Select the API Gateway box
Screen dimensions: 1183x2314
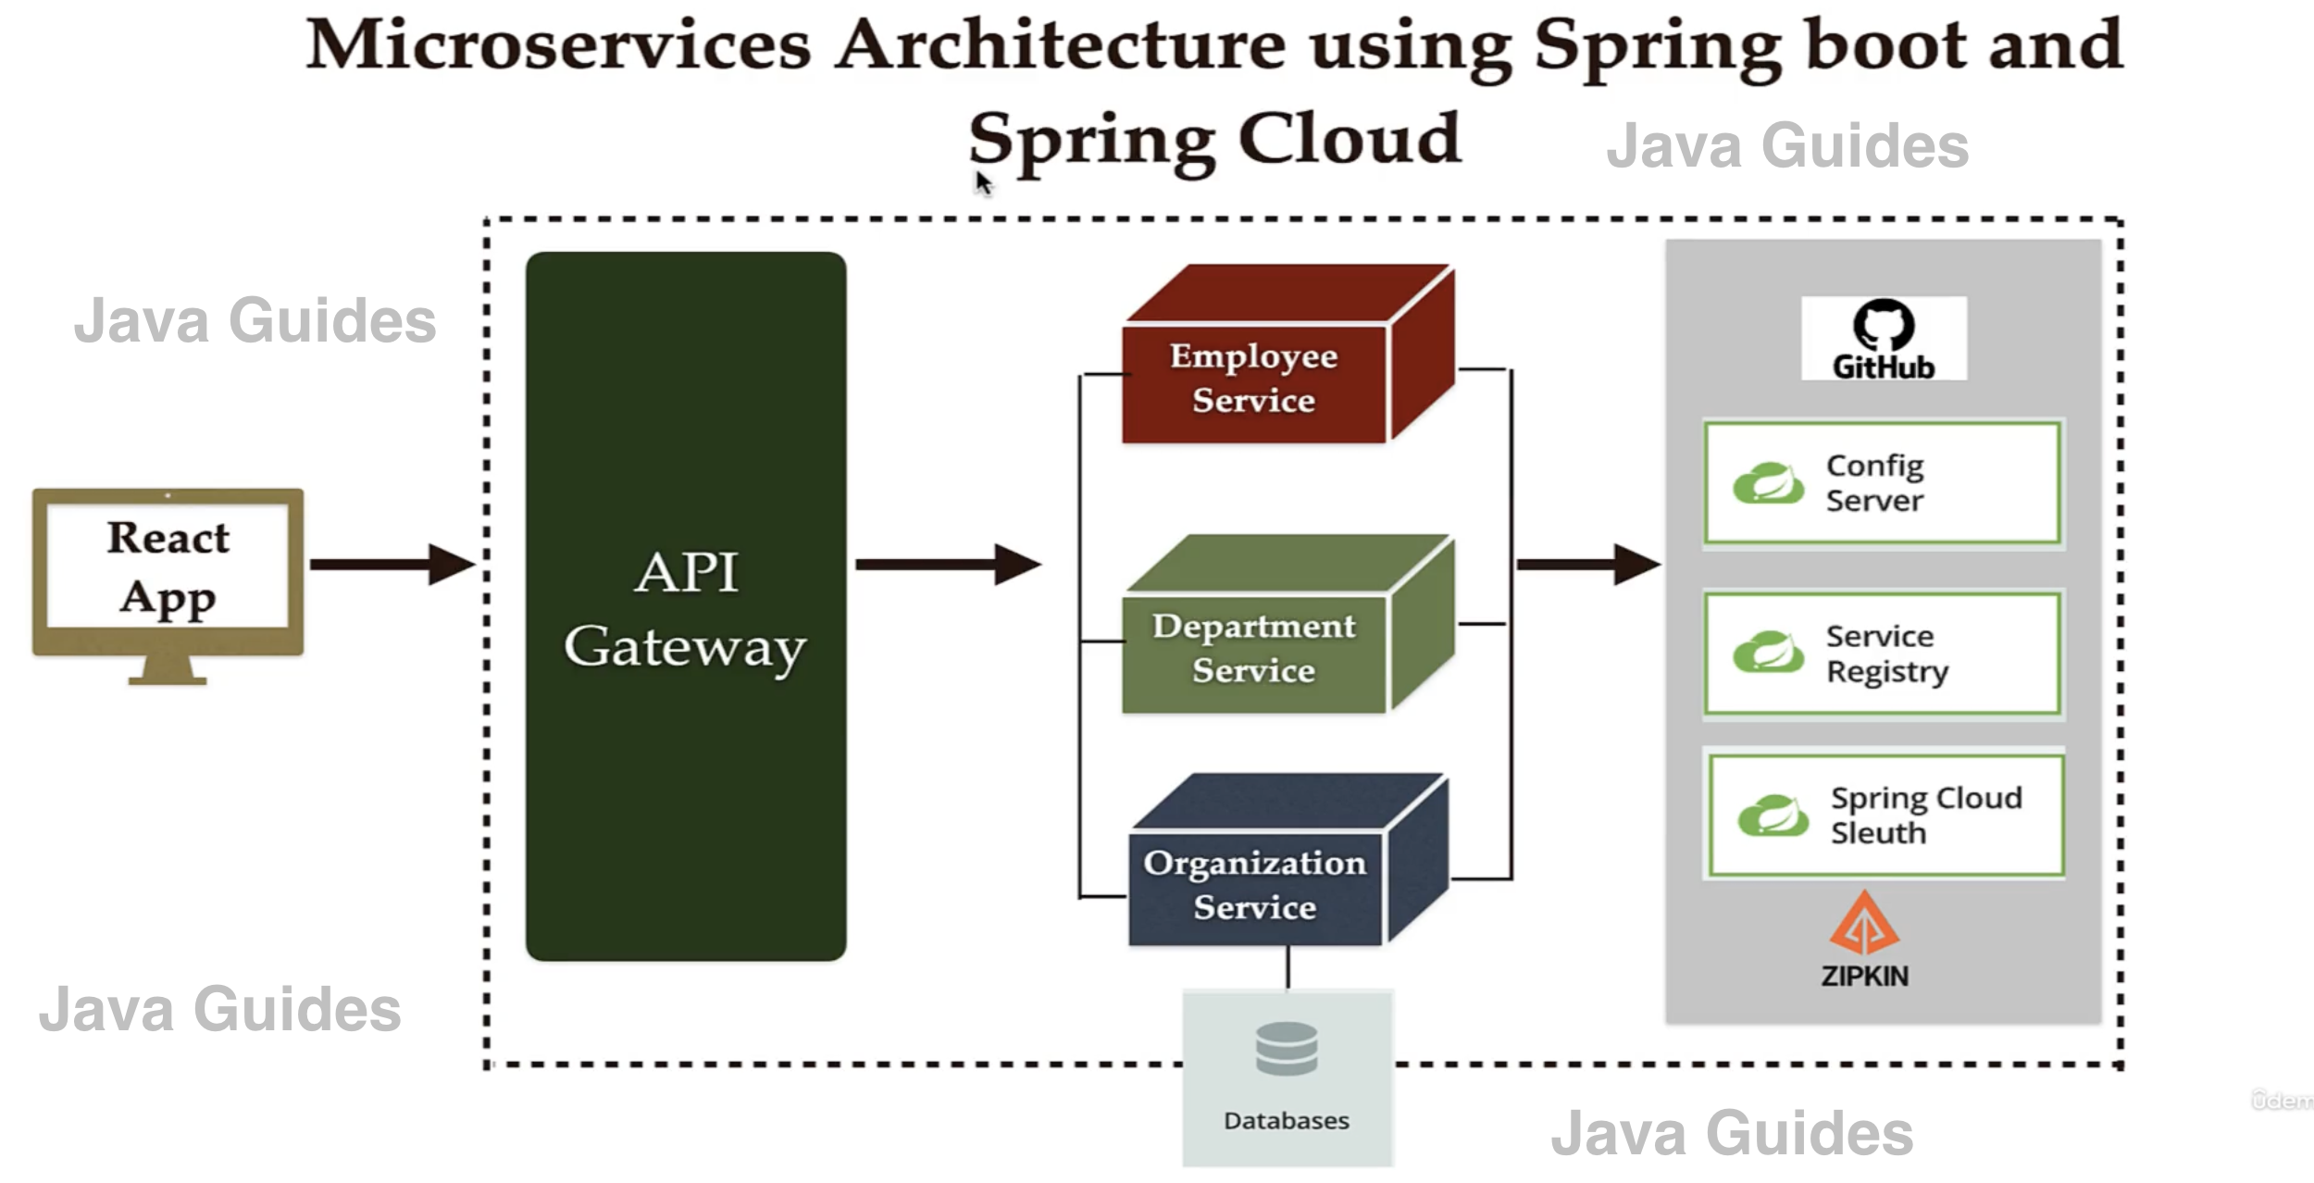coord(685,606)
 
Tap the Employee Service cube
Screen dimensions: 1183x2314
coord(1254,380)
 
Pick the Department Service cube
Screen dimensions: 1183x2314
coord(1254,648)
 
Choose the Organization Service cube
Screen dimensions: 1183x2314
coord(1255,884)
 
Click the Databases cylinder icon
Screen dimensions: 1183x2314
coord(1287,1048)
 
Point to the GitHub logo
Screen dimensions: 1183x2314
coord(1884,338)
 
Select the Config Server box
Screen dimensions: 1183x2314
coord(1883,482)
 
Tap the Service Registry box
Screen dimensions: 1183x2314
coord(1883,654)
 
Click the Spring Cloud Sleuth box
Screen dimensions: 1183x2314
coord(1885,816)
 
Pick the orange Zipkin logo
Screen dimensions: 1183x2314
coord(1864,924)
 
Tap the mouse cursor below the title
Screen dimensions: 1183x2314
coord(982,182)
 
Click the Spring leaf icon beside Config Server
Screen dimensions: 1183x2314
coord(1768,483)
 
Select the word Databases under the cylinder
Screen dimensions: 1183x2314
coord(1286,1121)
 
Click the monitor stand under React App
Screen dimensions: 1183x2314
coord(168,670)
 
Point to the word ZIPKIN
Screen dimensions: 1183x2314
coord(1864,977)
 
